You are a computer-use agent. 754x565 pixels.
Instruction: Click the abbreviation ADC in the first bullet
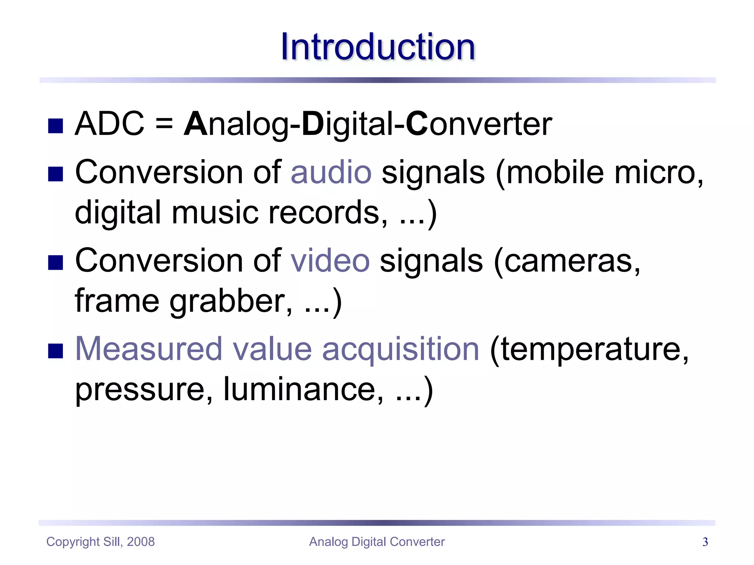(x=109, y=124)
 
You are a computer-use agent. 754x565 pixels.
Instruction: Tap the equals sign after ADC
(x=164, y=124)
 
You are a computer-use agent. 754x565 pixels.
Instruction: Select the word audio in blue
(x=331, y=172)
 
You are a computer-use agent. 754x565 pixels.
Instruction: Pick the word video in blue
(x=330, y=260)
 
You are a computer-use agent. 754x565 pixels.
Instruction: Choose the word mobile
(x=555, y=172)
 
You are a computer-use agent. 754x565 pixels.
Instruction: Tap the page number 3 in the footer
(x=705, y=542)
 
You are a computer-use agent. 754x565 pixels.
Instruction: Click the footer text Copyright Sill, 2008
(x=101, y=542)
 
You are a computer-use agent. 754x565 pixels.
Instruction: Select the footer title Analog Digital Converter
(x=377, y=542)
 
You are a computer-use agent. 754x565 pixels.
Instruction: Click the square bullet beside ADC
(x=56, y=126)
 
